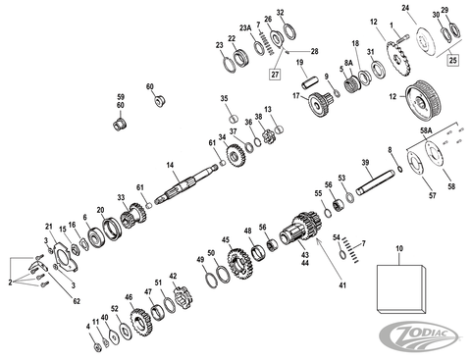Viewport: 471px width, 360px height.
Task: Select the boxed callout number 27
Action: click(276, 72)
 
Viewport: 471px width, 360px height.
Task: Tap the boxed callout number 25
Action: click(452, 61)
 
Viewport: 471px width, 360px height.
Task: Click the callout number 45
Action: click(226, 240)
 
